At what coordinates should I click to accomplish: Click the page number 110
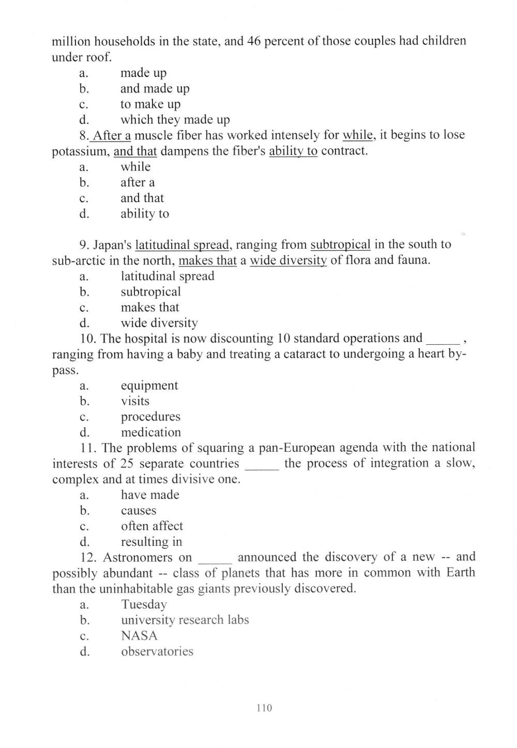(x=264, y=708)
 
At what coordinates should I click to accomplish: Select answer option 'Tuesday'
(x=144, y=604)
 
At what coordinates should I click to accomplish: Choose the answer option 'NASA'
(x=139, y=635)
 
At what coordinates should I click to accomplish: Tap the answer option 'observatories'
(x=157, y=651)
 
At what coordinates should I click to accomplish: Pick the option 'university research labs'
(x=185, y=620)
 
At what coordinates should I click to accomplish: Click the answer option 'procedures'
(x=150, y=417)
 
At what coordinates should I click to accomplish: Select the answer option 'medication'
(x=151, y=432)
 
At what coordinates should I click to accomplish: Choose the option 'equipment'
(x=149, y=386)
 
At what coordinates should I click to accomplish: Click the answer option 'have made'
(x=150, y=495)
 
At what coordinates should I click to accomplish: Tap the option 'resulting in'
(x=151, y=542)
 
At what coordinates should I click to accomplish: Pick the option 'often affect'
(x=152, y=526)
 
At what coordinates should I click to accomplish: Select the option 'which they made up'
(x=175, y=120)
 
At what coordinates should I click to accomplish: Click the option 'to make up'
(x=150, y=104)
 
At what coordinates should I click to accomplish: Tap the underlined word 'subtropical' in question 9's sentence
(x=340, y=245)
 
